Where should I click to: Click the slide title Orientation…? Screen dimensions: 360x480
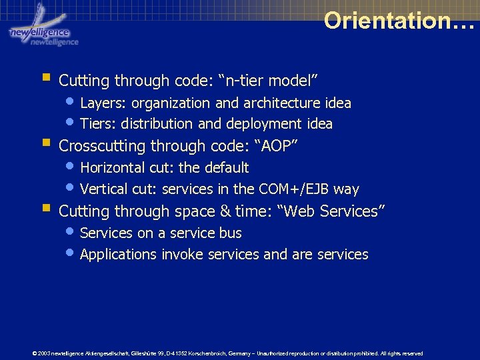(x=399, y=21)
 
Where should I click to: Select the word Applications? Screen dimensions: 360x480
(x=117, y=255)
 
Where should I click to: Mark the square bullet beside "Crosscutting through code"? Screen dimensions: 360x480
(x=46, y=143)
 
